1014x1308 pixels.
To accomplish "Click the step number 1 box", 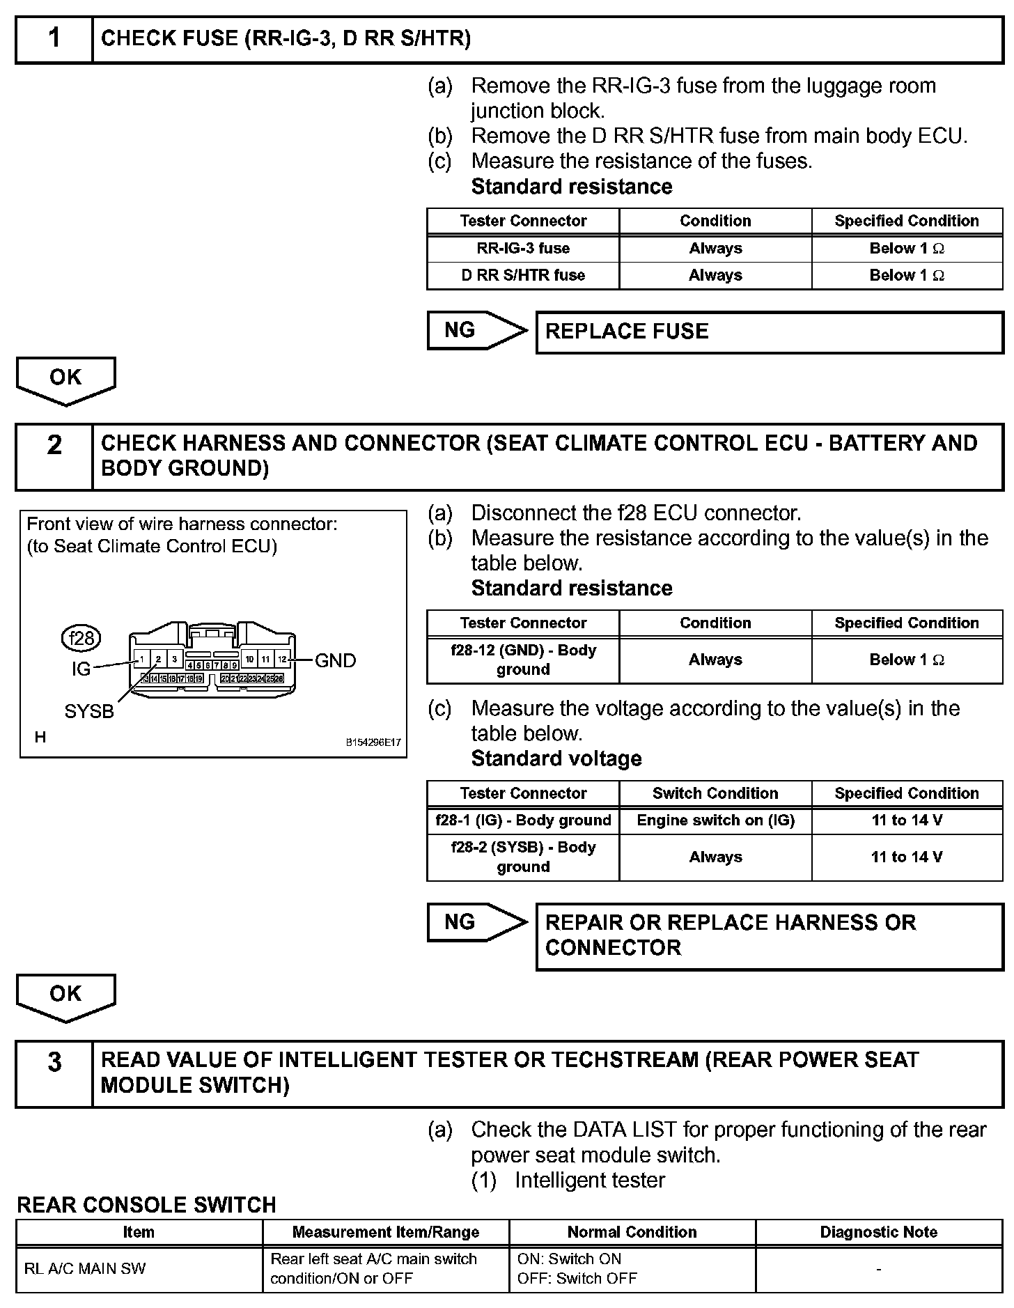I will [x=54, y=39].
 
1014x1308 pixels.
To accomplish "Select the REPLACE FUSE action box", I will [x=769, y=332].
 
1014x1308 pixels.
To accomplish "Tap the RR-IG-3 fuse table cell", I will [x=523, y=249].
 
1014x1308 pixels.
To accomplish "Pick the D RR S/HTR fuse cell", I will [x=523, y=276].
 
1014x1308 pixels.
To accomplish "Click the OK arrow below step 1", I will [x=65, y=380].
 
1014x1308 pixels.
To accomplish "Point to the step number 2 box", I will [x=54, y=456].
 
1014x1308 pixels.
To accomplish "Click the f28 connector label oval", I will [x=81, y=638].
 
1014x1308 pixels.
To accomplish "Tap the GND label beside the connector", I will [x=335, y=660].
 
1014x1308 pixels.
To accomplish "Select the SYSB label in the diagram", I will [x=89, y=712].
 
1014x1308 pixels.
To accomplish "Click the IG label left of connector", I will [x=81, y=669].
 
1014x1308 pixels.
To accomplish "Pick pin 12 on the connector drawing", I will [x=282, y=658].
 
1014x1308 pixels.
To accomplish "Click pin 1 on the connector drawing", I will [x=142, y=658].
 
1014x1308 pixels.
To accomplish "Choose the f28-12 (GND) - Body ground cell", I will [x=523, y=660].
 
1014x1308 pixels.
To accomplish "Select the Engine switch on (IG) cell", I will [x=715, y=820].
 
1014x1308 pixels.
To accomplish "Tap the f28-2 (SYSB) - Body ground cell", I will [x=523, y=857].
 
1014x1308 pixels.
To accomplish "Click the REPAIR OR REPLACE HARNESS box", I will [x=769, y=935].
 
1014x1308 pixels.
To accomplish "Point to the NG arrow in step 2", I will [x=476, y=922].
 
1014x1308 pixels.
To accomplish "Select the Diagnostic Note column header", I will [x=879, y=1232].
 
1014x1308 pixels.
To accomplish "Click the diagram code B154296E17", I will [x=373, y=742].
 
